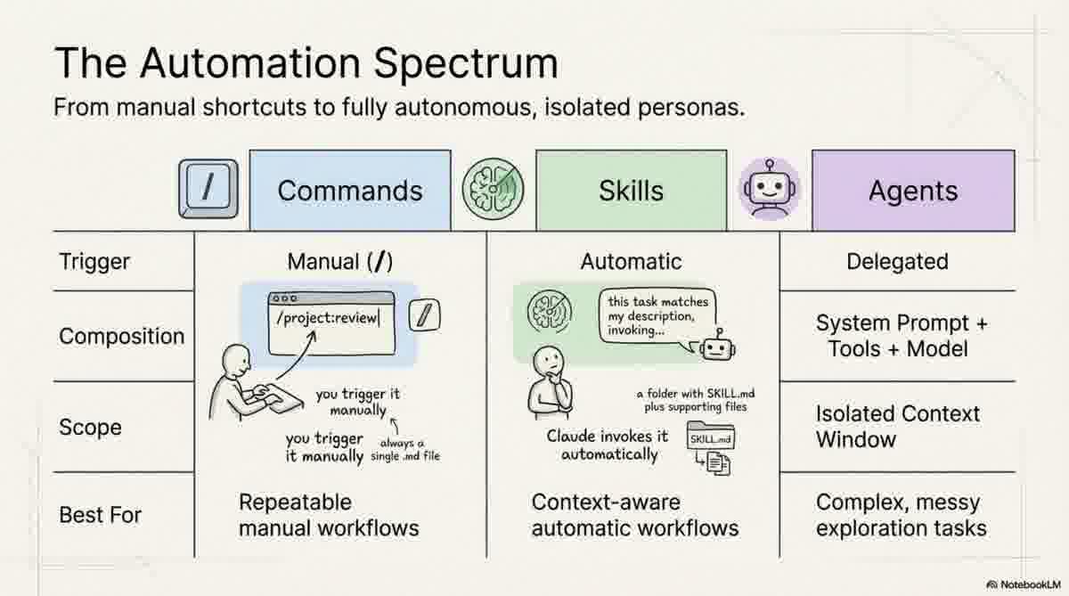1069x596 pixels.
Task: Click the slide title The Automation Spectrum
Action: point(306,64)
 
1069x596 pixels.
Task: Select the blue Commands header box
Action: point(350,191)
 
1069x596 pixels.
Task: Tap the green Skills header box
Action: point(631,191)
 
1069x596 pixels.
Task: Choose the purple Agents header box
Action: point(912,191)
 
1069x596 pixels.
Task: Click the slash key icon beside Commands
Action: point(208,190)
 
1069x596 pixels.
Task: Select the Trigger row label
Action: point(94,262)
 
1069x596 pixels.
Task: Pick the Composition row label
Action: point(121,337)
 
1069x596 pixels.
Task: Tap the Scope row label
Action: point(90,428)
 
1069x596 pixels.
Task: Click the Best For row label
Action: point(100,515)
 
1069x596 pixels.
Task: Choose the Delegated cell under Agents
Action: point(897,262)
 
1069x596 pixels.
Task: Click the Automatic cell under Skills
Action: point(631,262)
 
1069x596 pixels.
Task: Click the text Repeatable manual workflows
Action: point(328,515)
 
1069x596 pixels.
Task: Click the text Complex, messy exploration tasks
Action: point(901,515)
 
